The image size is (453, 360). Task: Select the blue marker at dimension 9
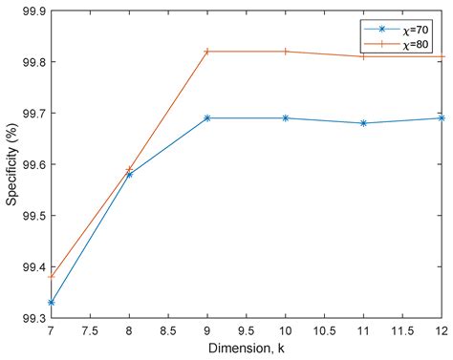point(206,117)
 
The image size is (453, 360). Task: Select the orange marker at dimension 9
point(206,51)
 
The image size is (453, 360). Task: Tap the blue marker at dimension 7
point(51,302)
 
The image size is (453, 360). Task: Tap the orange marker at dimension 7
point(51,276)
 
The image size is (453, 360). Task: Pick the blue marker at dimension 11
point(363,123)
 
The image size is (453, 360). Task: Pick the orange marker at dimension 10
point(285,51)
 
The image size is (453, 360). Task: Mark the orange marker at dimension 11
point(363,56)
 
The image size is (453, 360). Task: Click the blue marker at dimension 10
point(285,117)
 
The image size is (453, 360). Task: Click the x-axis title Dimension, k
point(246,350)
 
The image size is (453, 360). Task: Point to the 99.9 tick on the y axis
point(32,11)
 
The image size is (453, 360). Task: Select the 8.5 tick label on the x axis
point(167,331)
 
